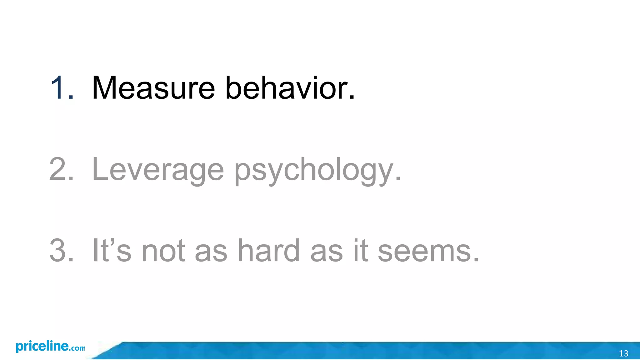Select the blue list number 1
pos(58,88)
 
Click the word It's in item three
pos(112,251)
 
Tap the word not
pos(163,251)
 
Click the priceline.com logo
pos(50,347)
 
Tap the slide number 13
pos(623,353)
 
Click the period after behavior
pos(352,98)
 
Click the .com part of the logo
pos(77,348)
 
